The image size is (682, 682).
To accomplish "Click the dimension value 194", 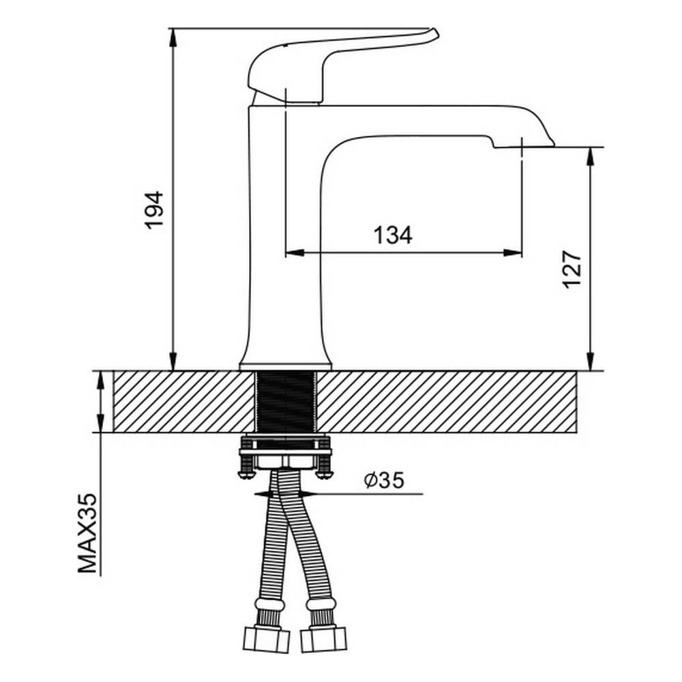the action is point(154,209).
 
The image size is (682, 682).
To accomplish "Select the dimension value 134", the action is point(392,235).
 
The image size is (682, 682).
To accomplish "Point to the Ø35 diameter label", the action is point(384,480).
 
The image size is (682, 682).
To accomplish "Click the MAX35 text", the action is point(87,533).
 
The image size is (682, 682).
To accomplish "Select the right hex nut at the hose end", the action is point(323,639).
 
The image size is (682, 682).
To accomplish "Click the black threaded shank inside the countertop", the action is point(285,402).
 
